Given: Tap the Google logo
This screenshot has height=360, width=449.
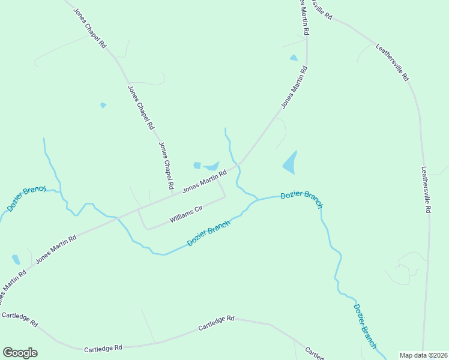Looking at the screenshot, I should point(20,352).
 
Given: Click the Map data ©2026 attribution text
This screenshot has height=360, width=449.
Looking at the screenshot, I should point(423,355).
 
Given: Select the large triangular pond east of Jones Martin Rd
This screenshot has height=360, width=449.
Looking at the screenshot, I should point(290,162).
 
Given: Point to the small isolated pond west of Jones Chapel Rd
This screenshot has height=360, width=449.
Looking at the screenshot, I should point(103,105).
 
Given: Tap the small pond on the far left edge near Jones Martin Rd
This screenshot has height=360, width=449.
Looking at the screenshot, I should point(16,260).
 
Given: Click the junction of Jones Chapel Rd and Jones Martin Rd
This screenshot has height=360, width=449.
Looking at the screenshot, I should point(172,194).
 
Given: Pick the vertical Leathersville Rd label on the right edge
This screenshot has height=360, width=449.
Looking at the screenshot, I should point(426,190).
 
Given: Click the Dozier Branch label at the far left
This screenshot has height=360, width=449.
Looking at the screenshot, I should point(26,198).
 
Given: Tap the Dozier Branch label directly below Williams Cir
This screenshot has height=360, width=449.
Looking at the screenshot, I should point(208,233).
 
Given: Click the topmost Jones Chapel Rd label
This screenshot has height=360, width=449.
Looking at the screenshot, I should point(90,28).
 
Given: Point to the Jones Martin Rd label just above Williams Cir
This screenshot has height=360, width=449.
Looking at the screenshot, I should point(204,180).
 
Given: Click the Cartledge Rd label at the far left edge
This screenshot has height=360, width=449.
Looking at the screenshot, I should point(19,319).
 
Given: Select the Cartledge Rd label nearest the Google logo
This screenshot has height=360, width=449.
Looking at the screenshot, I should point(103,348).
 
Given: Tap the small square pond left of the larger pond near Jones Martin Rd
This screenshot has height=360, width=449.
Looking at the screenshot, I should point(197,165).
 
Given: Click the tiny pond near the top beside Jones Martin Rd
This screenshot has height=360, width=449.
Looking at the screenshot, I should point(294,58).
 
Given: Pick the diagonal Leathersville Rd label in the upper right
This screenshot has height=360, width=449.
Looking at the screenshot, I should point(392,62).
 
